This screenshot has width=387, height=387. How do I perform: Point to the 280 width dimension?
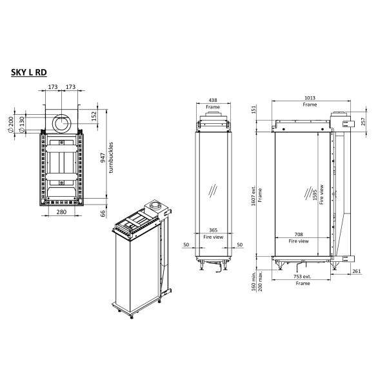63,212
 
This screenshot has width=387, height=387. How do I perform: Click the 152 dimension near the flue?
94,116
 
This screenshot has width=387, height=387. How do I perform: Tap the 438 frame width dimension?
212,101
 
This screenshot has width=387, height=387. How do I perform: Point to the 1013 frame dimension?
310,97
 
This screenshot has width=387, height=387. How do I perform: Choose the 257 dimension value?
364,121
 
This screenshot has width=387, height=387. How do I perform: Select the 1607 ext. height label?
253,193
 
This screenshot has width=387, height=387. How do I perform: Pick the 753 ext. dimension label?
302,277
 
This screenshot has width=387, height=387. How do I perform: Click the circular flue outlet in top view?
63,123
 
